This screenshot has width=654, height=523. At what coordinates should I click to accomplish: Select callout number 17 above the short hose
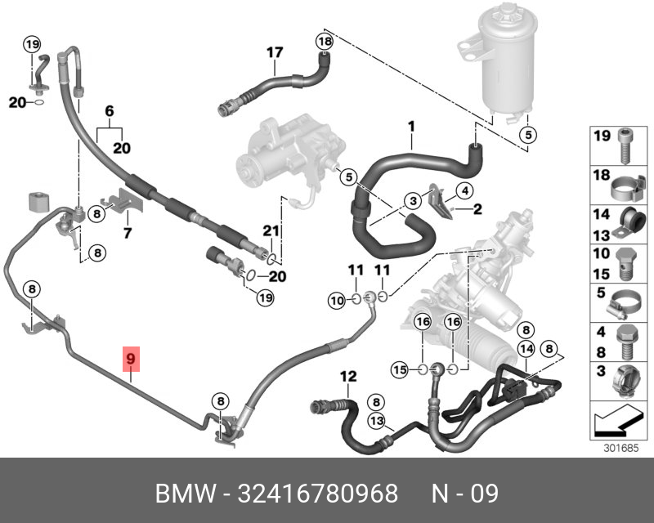click(x=275, y=53)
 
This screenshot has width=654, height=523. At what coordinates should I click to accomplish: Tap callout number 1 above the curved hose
click(x=412, y=127)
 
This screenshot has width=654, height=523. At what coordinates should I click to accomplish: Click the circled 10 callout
click(x=337, y=301)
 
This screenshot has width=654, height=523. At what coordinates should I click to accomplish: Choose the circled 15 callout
click(x=400, y=370)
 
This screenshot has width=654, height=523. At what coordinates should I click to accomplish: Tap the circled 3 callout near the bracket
click(x=414, y=199)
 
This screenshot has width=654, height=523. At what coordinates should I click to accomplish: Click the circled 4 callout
click(x=464, y=192)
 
